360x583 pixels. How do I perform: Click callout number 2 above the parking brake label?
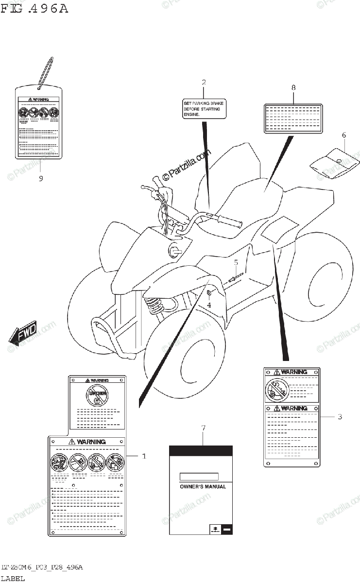(x=204, y=83)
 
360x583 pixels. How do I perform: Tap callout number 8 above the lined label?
(x=293, y=87)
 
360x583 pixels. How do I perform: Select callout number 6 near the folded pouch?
(x=343, y=135)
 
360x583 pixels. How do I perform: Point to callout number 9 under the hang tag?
(x=41, y=178)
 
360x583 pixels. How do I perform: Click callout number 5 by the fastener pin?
(x=236, y=263)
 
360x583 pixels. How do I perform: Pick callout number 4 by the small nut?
(x=209, y=305)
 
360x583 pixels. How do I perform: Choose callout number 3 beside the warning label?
(x=340, y=416)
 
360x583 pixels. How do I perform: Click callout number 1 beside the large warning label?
(x=144, y=456)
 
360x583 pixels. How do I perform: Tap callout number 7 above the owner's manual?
(x=203, y=428)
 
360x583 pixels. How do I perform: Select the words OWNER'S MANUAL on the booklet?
(x=203, y=486)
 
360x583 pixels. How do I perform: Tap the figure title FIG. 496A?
(x=34, y=9)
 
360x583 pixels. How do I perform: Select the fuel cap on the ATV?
(x=174, y=251)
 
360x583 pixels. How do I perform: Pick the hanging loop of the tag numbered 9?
(x=45, y=73)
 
